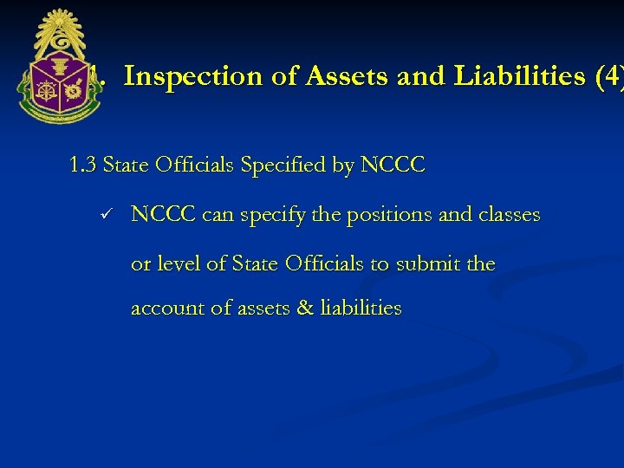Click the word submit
pyautogui.click(x=428, y=263)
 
